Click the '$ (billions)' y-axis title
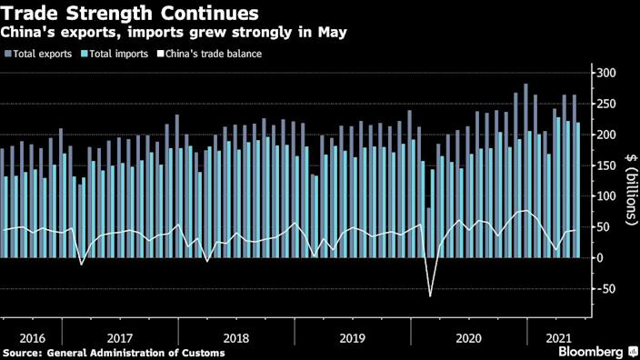pyautogui.click(x=628, y=196)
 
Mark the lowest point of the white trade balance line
pyautogui.click(x=430, y=295)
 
